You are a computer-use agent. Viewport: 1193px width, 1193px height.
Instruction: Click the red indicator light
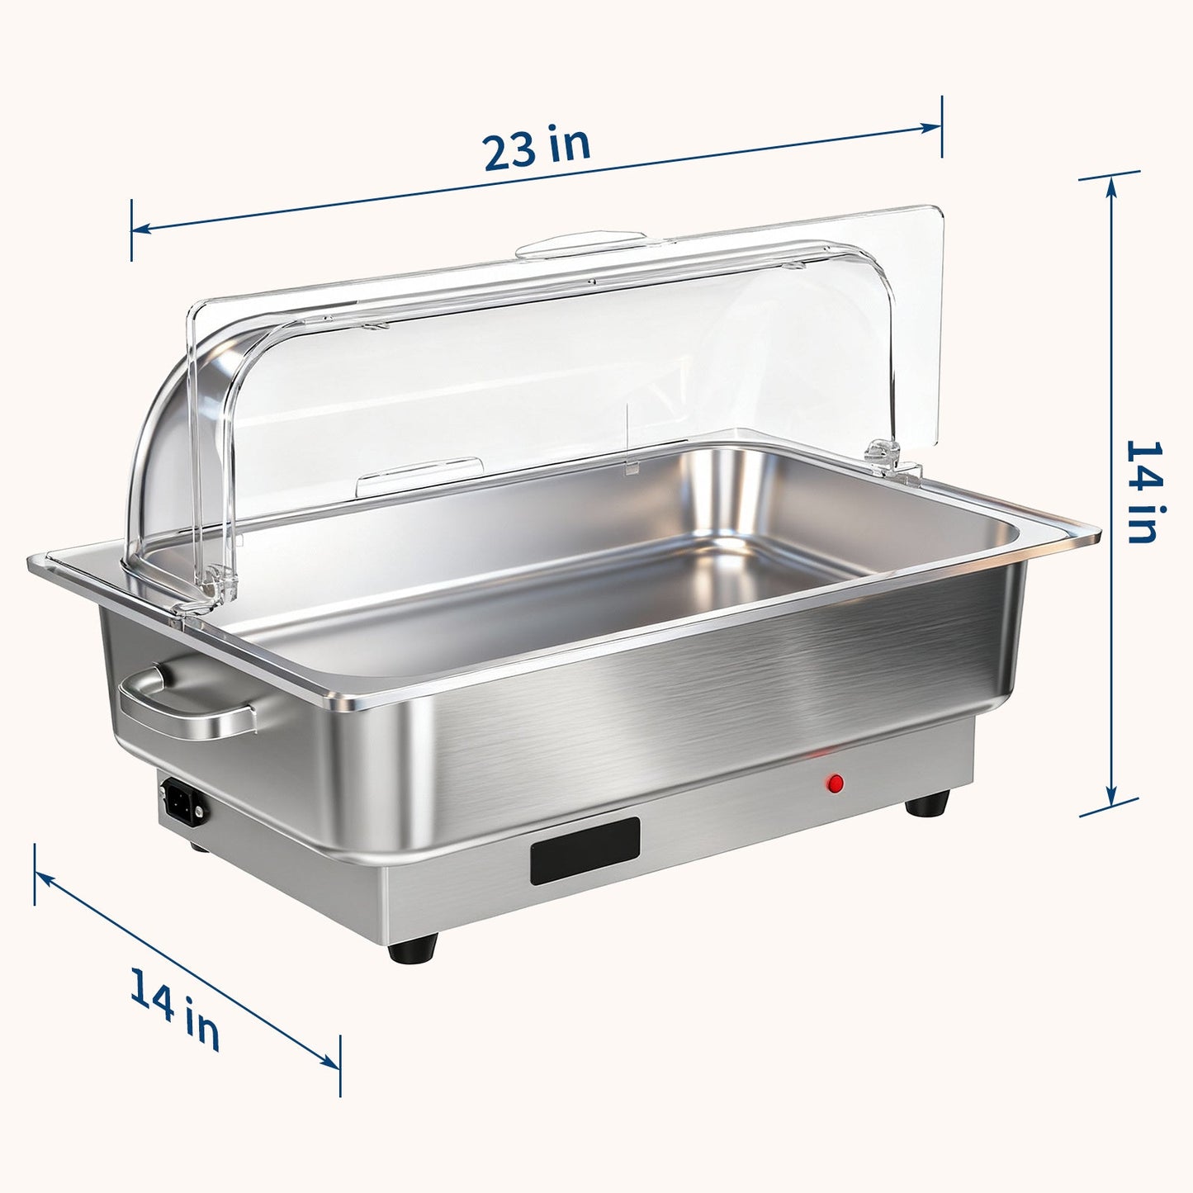(836, 783)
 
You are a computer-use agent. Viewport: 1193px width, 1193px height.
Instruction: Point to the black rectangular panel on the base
(585, 850)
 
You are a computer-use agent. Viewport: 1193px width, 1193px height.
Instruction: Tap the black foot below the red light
(927, 803)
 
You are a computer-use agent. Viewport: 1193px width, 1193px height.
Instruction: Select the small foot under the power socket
(198, 846)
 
